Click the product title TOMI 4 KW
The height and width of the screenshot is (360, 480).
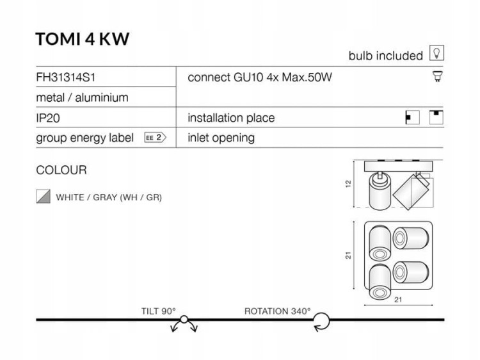(83, 39)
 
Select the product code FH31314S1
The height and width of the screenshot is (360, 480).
(65, 78)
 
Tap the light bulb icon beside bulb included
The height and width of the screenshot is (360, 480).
(436, 53)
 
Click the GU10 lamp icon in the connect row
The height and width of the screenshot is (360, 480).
(438, 76)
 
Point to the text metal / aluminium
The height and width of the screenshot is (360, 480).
(82, 98)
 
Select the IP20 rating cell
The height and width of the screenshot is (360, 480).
(48, 118)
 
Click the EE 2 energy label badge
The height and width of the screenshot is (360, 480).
(156, 138)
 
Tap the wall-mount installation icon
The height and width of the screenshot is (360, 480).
(412, 117)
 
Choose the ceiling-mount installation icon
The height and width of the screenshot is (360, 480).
(436, 117)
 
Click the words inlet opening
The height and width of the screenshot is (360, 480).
(221, 138)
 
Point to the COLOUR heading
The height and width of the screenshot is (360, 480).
(61, 170)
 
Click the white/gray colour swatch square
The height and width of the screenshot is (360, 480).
(43, 197)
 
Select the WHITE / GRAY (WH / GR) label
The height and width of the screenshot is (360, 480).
(109, 197)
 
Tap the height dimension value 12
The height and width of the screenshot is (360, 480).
(348, 184)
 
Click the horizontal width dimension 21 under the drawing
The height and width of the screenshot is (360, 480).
(398, 299)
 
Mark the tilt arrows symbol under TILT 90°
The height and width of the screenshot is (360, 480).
(184, 323)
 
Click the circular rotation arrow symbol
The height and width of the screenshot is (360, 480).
(322, 322)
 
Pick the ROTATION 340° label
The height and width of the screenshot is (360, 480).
(277, 311)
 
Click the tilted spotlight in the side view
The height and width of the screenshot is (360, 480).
(412, 192)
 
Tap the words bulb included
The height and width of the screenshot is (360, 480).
(386, 56)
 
